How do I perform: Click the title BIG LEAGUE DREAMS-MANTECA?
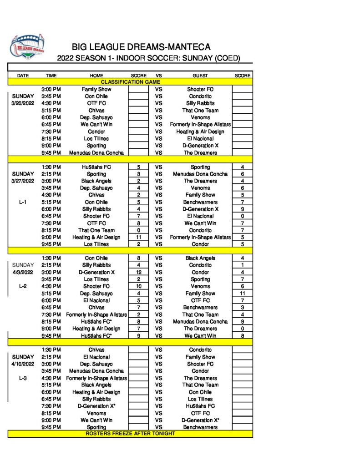click(141, 47)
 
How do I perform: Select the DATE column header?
click(23, 76)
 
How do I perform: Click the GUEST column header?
click(200, 76)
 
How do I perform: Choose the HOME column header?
click(96, 76)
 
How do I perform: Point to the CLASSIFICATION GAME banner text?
click(130, 82)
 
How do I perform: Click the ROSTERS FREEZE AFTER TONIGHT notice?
click(130, 434)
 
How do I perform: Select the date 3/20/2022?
click(23, 103)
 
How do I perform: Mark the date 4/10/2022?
click(23, 364)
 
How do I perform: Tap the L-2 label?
click(23, 286)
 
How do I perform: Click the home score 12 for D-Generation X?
click(138, 272)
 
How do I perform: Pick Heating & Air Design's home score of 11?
click(138, 237)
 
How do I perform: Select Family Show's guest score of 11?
click(242, 294)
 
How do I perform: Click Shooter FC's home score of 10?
click(138, 286)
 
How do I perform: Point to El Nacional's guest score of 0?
click(242, 216)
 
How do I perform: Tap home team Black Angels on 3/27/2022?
click(96, 181)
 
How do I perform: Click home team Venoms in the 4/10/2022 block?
click(96, 413)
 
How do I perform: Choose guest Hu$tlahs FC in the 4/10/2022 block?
click(200, 406)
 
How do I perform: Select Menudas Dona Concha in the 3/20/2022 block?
click(96, 152)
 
